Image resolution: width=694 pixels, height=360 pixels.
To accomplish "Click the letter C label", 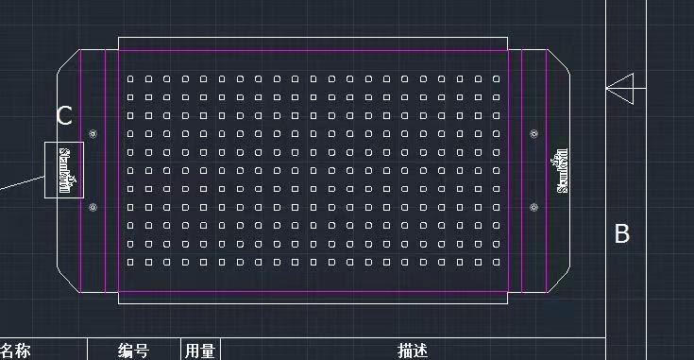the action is coord(64,116).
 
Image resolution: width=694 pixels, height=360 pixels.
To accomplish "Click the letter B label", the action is coord(622,233).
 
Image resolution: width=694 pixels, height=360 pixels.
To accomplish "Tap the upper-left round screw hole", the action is coord(93,134).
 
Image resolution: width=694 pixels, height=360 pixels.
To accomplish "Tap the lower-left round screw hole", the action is coord(93,207).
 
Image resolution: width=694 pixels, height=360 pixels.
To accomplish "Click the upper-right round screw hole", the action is coord(534,134).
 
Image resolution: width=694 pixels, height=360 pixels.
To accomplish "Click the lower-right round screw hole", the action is coord(534,207).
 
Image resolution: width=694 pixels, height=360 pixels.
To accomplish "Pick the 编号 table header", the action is coord(133,351).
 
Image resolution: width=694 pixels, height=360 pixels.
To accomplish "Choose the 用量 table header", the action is coord(199,351).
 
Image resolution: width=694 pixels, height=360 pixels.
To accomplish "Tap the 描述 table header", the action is coord(414,351).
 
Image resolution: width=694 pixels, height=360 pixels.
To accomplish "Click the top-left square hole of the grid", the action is coord(130,78).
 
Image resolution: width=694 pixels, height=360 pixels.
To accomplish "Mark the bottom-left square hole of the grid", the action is coord(130,262).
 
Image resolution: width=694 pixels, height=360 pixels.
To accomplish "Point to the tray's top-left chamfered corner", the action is coord(67,61).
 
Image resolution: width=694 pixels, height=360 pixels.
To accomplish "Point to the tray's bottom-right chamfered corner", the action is coord(559,280).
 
